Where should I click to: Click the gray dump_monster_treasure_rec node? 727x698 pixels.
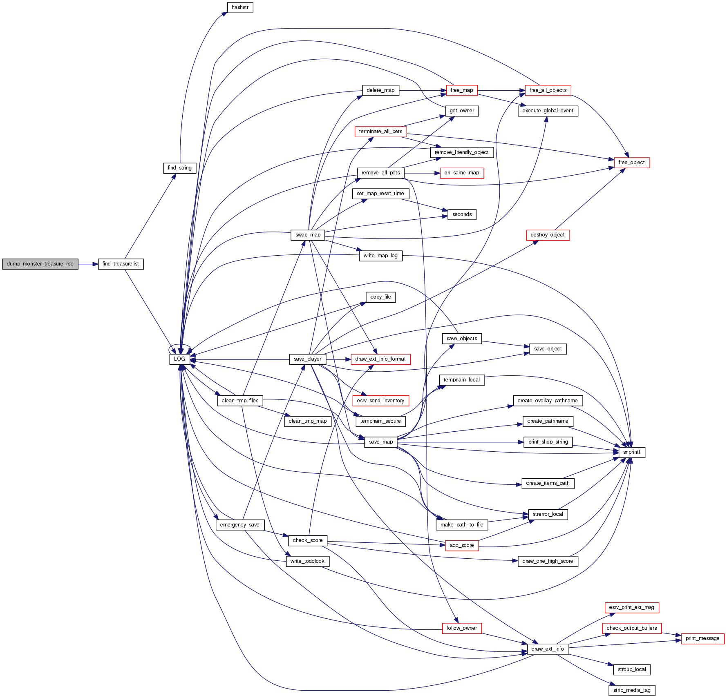click(40, 264)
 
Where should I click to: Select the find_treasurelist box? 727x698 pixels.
click(121, 264)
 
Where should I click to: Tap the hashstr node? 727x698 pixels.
click(240, 7)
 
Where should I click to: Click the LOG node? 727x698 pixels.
click(179, 359)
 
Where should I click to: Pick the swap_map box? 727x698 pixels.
click(308, 235)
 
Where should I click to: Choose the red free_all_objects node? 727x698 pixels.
click(548, 90)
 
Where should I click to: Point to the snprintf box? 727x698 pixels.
click(631, 452)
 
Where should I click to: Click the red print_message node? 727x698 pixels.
click(702, 638)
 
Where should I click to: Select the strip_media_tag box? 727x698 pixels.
click(631, 690)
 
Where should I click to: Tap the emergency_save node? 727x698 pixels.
click(239, 525)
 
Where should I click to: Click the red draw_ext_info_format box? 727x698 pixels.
click(380, 359)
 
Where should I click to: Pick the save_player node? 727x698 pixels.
click(307, 359)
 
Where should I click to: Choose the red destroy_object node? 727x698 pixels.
click(547, 235)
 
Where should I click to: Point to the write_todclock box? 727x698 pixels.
click(307, 561)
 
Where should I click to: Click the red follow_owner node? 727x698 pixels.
click(461, 628)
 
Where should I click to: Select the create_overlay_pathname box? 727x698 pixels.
click(547, 401)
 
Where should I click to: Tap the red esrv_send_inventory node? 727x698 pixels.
click(380, 401)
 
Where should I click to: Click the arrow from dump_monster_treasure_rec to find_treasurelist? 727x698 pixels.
click(88, 264)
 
